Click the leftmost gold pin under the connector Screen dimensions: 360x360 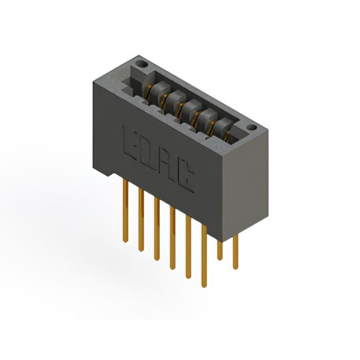pos(125,210)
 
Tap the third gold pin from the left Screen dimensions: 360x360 pos(157,229)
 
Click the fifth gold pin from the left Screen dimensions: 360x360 pos(188,247)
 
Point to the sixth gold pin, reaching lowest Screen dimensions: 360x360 pos(204,256)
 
